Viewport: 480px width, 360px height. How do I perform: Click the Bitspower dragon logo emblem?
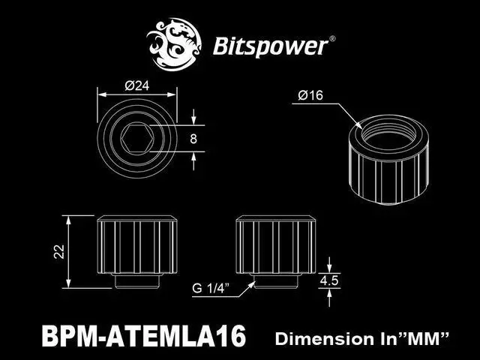click(x=177, y=43)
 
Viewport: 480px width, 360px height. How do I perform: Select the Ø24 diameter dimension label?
click(x=136, y=85)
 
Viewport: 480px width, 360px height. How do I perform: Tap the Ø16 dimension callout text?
click(x=310, y=95)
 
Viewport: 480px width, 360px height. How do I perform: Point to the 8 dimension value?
click(x=194, y=138)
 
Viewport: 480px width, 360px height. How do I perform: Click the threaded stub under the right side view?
click(x=274, y=280)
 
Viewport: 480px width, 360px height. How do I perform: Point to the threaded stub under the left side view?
click(x=136, y=280)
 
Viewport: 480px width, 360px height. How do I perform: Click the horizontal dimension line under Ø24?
click(x=136, y=94)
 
